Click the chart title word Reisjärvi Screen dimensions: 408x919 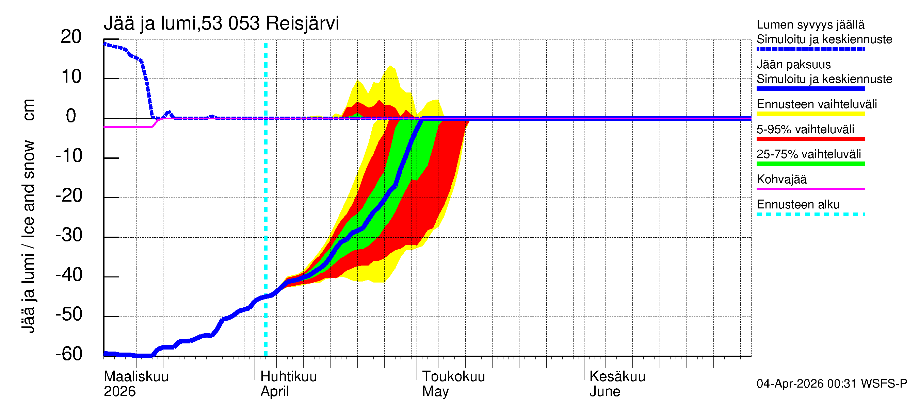[302, 23]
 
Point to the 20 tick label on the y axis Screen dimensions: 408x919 [71, 37]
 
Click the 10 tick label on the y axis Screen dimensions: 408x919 [71, 76]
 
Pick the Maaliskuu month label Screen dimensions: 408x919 [136, 376]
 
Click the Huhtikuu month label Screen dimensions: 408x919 [289, 376]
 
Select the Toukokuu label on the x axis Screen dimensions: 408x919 [453, 376]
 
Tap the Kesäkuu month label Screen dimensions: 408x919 [617, 376]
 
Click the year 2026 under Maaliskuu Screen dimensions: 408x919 [119, 392]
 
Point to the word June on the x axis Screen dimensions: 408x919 [605, 392]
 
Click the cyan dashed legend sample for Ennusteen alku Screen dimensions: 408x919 [810, 214]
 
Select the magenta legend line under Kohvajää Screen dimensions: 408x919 [810, 189]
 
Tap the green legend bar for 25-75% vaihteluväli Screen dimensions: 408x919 [810, 164]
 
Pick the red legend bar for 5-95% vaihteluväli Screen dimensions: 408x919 [810, 139]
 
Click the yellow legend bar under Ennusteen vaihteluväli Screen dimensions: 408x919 [810, 114]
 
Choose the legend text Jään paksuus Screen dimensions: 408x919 [793, 65]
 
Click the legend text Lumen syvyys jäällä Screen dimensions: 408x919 [810, 24]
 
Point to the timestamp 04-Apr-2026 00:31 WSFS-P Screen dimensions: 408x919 [832, 384]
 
